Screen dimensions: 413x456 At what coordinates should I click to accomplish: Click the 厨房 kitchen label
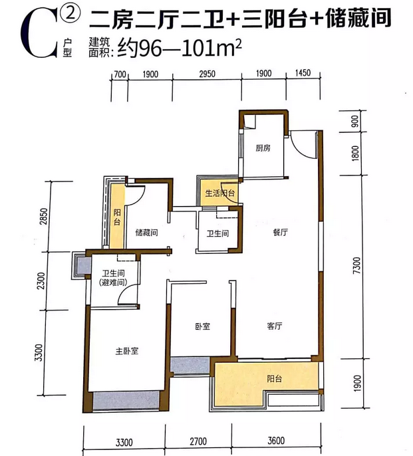pyautogui.click(x=263, y=148)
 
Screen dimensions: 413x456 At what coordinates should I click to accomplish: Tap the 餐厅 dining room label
pyautogui.click(x=280, y=232)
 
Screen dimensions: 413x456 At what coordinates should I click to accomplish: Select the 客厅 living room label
pyautogui.click(x=275, y=326)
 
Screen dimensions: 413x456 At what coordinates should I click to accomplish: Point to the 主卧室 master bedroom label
pyautogui.click(x=127, y=351)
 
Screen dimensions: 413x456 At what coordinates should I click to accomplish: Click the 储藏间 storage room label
pyautogui.click(x=147, y=233)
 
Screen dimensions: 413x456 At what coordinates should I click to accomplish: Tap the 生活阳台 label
pyautogui.click(x=220, y=193)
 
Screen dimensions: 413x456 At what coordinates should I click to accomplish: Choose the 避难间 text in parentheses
pyautogui.click(x=113, y=282)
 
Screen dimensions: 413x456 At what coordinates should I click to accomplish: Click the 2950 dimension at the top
pyautogui.click(x=207, y=74)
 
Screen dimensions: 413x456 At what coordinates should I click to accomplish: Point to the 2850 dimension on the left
pyautogui.click(x=43, y=217)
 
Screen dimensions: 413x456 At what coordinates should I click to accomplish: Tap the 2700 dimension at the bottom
pyautogui.click(x=198, y=442)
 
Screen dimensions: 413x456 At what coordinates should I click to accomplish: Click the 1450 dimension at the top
pyautogui.click(x=303, y=72)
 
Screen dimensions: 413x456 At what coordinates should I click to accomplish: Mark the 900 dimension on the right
pyautogui.click(x=354, y=121)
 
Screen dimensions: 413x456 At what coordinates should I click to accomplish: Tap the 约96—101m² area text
pyautogui.click(x=180, y=49)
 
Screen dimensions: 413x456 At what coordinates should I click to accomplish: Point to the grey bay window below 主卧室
pyautogui.click(x=126, y=400)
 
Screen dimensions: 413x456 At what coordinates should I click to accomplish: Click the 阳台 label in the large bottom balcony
pyautogui.click(x=275, y=379)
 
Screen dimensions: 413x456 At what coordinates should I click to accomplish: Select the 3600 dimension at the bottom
pyautogui.click(x=276, y=441)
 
